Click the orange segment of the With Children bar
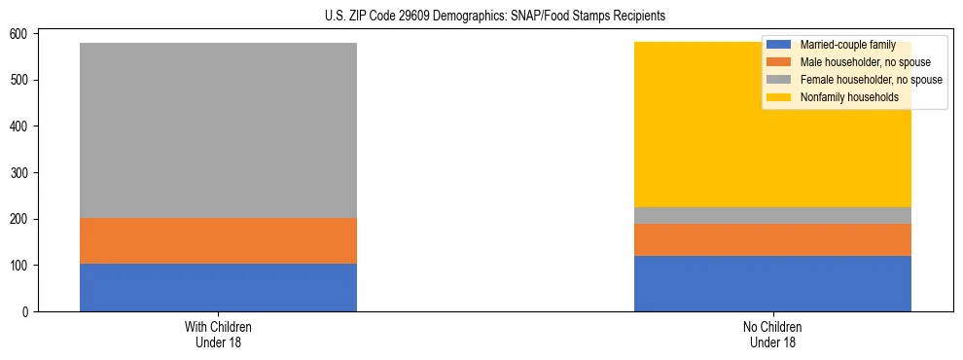218,240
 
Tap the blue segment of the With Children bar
218,288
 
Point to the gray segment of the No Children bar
772,215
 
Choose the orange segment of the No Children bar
772,239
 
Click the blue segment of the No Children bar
772,283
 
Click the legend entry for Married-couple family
847,45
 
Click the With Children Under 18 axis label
218,334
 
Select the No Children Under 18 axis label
772,334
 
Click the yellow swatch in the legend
779,97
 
